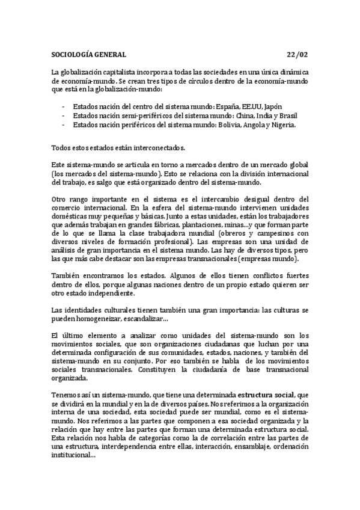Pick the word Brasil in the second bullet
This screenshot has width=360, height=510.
point(287,115)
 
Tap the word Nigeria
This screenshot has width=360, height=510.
point(283,124)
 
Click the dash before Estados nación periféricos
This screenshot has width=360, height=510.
point(63,124)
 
